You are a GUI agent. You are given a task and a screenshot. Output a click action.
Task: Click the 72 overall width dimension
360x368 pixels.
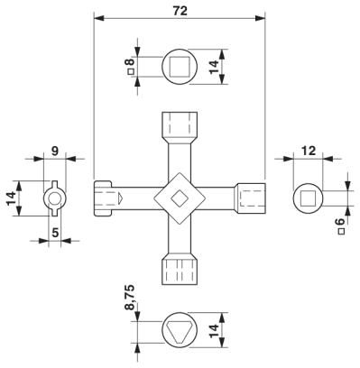(x=180, y=11)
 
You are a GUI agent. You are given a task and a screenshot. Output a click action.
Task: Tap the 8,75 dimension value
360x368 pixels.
(x=130, y=297)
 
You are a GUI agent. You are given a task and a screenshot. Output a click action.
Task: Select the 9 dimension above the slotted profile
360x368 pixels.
(x=54, y=151)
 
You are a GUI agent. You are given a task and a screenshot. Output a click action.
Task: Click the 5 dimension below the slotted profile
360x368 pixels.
(x=55, y=233)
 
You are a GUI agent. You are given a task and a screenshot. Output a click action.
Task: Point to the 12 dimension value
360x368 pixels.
(x=309, y=151)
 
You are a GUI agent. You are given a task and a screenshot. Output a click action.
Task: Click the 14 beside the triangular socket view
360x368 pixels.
(x=214, y=331)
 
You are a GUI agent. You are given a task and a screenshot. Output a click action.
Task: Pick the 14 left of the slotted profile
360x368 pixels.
(x=11, y=198)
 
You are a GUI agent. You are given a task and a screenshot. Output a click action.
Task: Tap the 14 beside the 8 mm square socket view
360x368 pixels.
(x=214, y=67)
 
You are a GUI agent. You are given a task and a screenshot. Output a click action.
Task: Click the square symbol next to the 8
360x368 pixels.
(x=131, y=72)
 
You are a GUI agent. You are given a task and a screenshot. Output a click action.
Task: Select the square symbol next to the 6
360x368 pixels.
(x=341, y=231)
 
